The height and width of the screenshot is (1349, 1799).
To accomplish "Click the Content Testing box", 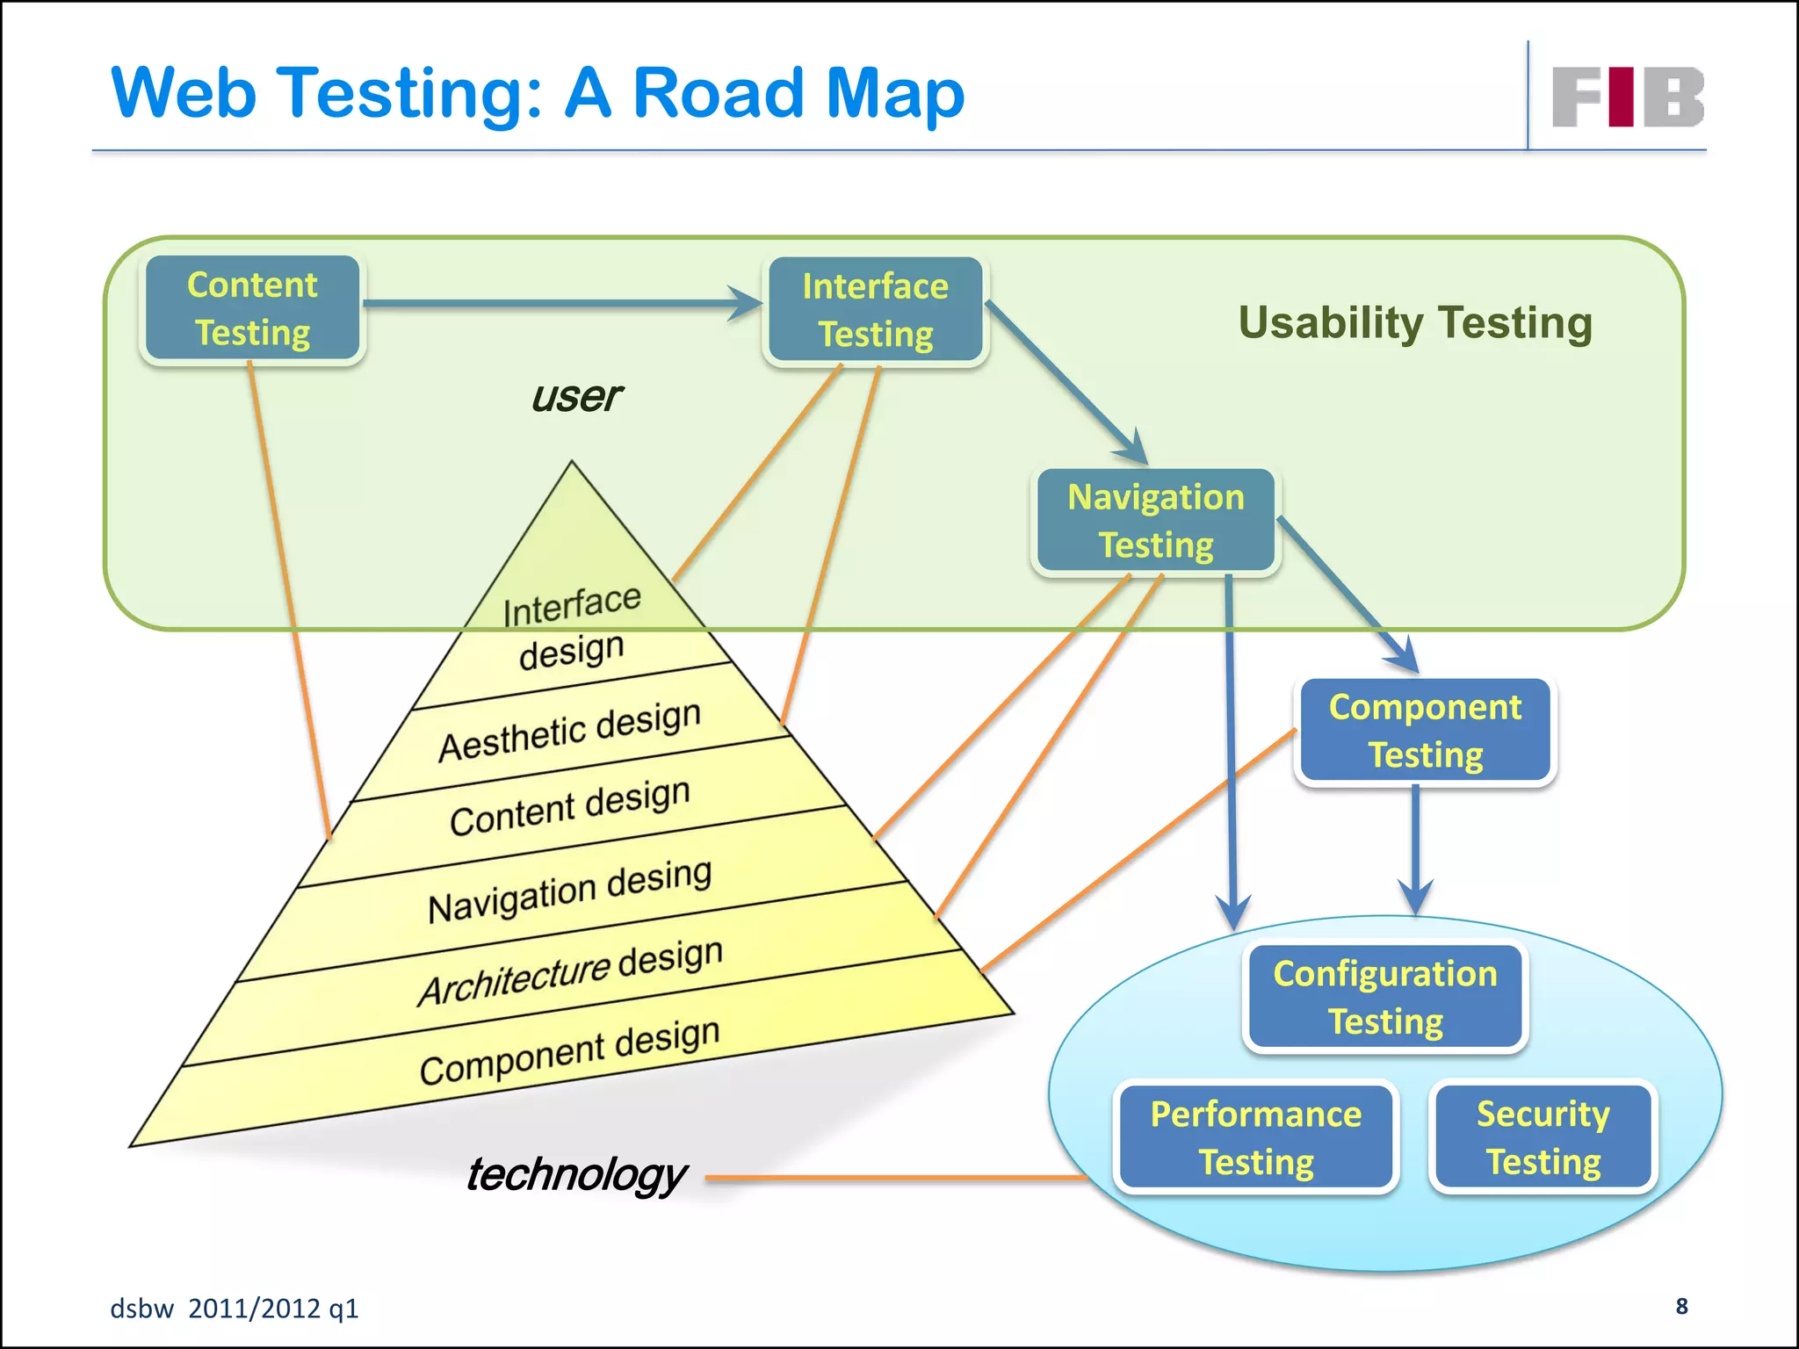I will coord(253,308).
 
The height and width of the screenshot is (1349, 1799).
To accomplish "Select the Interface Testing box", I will coord(875,310).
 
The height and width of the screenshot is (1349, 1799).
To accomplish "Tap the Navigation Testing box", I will coord(1155,521).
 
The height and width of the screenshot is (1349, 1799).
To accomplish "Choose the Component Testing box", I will coord(1424,730).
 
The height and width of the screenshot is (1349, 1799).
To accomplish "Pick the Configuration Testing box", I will coord(1385,997).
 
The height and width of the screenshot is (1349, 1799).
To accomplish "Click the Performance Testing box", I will coord(1255,1137).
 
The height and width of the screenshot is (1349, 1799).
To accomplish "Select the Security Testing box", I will coord(1543,1137).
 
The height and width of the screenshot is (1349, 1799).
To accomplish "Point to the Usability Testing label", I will coord(1414,322).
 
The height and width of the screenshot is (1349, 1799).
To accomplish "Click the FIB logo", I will coord(1627,97).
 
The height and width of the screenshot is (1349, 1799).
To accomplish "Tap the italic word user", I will coord(576,397).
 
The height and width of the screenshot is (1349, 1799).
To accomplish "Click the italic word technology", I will coord(576,1175).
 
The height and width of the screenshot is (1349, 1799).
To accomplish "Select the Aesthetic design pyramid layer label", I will coord(569,731).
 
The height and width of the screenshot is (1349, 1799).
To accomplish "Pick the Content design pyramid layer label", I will coord(569,807).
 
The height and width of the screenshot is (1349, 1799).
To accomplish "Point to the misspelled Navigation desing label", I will coord(569,890).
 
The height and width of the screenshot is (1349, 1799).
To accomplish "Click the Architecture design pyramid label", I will coord(569,971).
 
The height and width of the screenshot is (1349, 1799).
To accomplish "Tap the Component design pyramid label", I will coord(569,1050).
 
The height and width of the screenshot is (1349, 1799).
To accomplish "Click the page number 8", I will coord(1681,1306).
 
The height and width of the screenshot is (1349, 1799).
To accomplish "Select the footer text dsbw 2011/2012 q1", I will coord(235,1309).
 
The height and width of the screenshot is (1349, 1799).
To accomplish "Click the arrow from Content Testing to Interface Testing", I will coord(562,304).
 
